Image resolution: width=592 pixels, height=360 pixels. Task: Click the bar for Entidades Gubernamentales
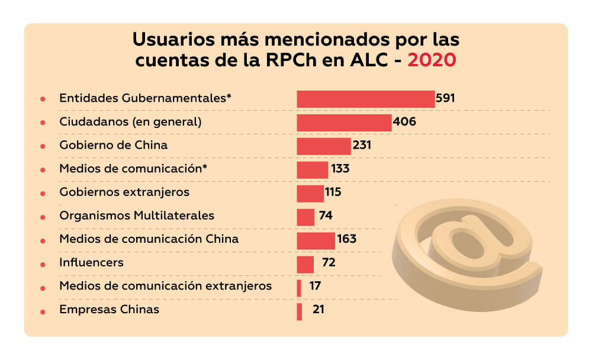(x=365, y=99)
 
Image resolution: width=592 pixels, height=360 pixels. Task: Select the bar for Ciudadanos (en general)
(x=344, y=123)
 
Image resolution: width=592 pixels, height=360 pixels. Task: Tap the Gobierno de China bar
(x=324, y=146)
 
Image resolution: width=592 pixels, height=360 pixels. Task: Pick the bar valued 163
(x=316, y=240)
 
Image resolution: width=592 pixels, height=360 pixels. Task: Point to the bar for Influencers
(x=305, y=264)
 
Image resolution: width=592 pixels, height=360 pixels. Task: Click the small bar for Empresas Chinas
(x=300, y=311)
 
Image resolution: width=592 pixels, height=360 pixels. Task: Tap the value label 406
(x=404, y=122)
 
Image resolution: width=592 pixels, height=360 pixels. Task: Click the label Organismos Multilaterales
(x=137, y=216)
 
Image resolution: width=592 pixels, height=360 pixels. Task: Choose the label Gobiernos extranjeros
(x=124, y=192)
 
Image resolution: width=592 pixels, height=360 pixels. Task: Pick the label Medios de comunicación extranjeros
(x=166, y=287)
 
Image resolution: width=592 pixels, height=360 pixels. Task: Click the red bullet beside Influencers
(x=43, y=264)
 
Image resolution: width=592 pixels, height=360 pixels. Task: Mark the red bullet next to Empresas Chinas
(x=43, y=311)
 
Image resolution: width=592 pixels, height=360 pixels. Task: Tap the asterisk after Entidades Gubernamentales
(x=229, y=97)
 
